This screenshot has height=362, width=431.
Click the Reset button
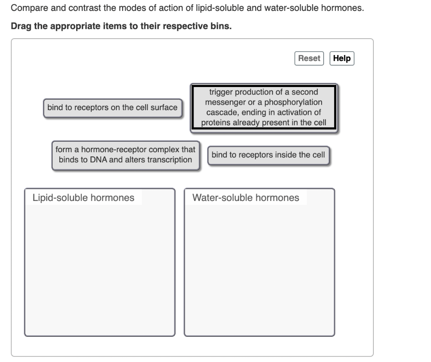(309, 58)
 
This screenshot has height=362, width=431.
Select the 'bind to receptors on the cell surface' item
(112, 108)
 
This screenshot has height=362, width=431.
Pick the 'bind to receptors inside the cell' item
(268, 155)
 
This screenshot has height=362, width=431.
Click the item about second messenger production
(264, 108)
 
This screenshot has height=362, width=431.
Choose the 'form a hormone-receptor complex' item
(125, 155)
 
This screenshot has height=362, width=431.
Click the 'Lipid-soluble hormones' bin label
(83, 198)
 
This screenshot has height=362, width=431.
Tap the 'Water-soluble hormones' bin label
(245, 198)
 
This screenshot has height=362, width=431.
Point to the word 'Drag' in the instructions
(20, 26)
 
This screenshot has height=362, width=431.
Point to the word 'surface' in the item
(164, 108)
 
